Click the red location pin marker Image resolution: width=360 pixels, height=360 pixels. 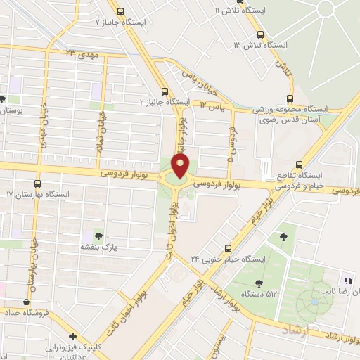coord(181,166)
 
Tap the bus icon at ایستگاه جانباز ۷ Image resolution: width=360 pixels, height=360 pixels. coord(121,11)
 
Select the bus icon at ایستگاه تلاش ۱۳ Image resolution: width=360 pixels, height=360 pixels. coord(261,34)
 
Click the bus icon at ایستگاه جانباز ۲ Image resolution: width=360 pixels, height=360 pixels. coord(165,91)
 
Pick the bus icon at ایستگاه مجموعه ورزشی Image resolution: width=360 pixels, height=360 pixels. coord(290,99)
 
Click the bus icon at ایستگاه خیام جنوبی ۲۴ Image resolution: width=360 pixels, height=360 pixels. coord(227,247)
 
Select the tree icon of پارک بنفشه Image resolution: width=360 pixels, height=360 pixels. coord(98,236)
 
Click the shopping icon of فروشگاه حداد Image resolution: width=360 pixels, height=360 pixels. coord(26,302)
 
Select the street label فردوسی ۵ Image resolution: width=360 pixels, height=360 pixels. coord(232,140)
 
